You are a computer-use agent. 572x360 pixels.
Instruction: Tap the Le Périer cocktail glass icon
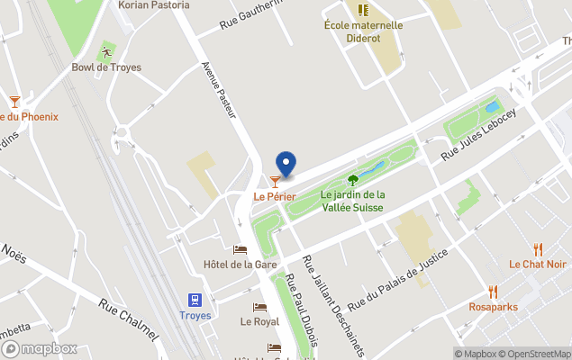tap(275, 182)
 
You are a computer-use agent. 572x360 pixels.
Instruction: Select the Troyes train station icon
tap(195, 300)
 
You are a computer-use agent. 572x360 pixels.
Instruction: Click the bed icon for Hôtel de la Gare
tap(240, 249)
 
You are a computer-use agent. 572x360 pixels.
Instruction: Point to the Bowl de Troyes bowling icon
tap(106, 52)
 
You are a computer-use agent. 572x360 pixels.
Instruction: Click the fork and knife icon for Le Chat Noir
tap(538, 249)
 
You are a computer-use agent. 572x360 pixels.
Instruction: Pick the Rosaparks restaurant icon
tap(493, 292)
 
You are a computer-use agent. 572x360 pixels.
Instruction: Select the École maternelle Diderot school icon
tap(363, 11)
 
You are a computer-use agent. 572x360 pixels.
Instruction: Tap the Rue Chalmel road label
tap(129, 320)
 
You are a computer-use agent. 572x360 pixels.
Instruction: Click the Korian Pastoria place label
tap(154, 5)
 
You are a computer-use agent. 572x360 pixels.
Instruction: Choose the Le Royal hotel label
tap(259, 320)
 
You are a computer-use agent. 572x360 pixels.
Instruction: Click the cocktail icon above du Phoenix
tap(14, 102)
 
